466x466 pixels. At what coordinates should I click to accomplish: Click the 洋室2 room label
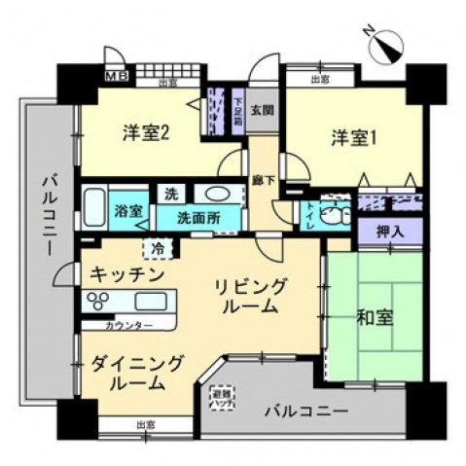(147, 134)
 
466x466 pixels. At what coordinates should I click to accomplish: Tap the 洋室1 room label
(352, 138)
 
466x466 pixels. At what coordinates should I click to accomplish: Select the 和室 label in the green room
(375, 317)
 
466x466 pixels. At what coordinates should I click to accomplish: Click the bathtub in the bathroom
(93, 207)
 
